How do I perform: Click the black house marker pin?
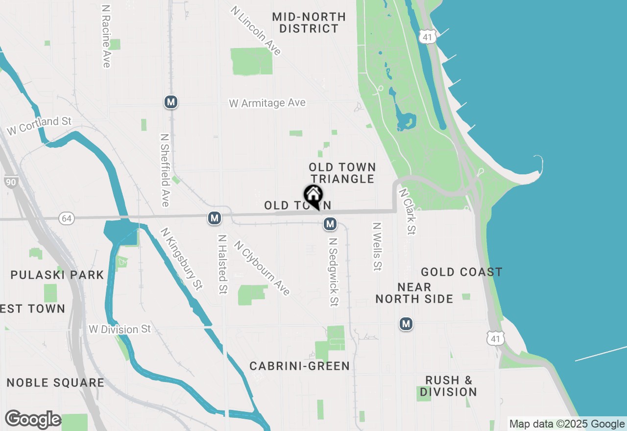coord(313,196)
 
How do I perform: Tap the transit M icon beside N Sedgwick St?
coord(330,224)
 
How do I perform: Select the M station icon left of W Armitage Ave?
coord(170,102)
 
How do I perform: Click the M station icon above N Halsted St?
coord(214,218)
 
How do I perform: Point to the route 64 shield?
coord(67,218)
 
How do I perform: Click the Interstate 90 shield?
coord(10,182)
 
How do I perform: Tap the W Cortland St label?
coord(39,125)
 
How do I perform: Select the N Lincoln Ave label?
coord(256,30)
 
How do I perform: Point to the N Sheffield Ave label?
coord(165,170)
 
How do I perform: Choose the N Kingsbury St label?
coord(181,259)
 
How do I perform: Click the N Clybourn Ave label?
coord(262,267)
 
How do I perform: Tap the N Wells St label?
coord(377,247)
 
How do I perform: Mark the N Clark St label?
coord(407,211)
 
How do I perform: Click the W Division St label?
coord(120,329)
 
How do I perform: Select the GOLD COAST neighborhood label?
coord(461,272)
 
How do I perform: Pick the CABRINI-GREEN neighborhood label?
coord(299,366)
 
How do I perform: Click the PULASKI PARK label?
coord(57,275)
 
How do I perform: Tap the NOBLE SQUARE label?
coord(55,383)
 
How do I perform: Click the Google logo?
coord(33,420)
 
